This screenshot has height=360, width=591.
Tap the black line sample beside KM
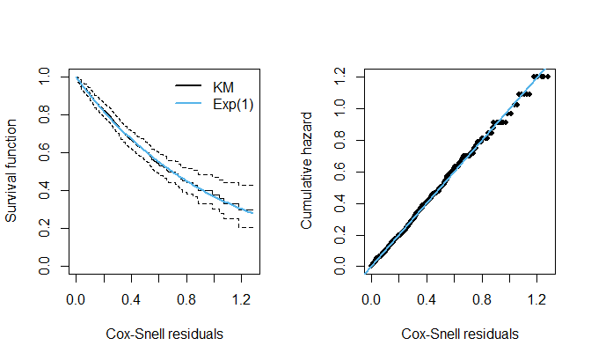tap(190, 86)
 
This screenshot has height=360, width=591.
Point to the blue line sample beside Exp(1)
tap(190, 104)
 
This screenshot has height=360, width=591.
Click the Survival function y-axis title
tap(13, 173)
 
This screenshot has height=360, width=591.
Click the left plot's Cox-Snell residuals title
tap(164, 334)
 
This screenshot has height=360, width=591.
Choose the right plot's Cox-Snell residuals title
tap(460, 334)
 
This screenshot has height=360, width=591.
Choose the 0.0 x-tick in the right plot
tap(371, 298)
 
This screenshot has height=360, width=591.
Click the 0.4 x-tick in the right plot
tap(427, 298)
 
